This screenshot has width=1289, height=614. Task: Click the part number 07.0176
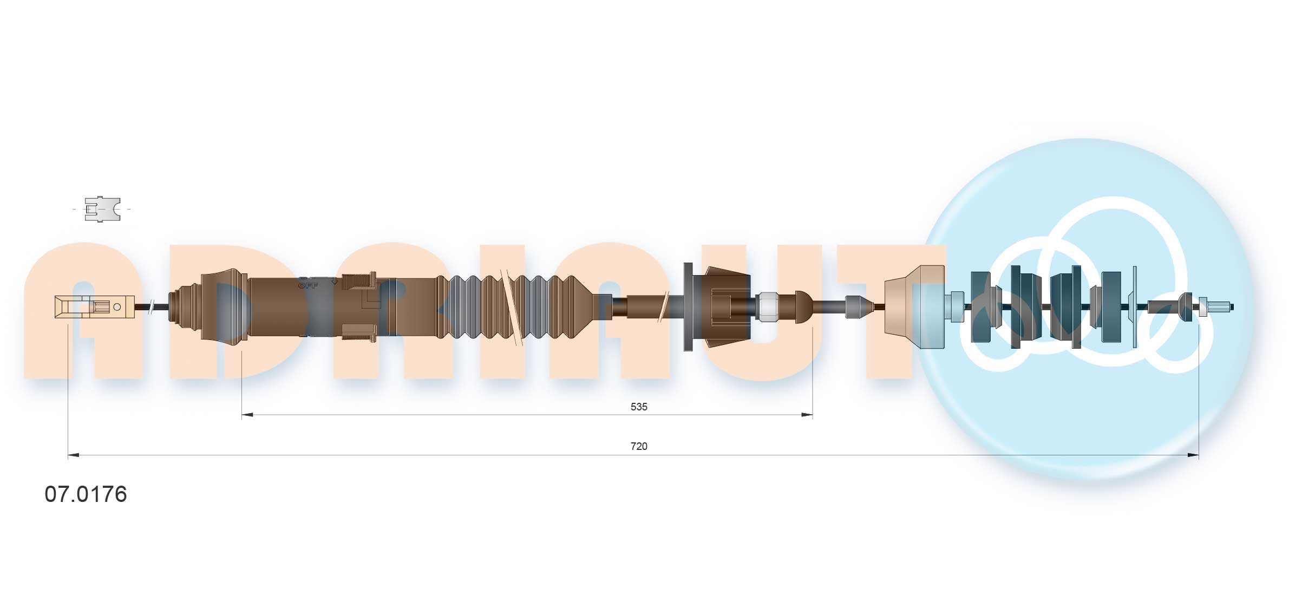pos(86,494)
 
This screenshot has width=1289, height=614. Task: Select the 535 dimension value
pos(638,407)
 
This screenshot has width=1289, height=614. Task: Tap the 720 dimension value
pos(638,446)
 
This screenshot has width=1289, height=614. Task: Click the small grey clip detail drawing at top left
pos(102,209)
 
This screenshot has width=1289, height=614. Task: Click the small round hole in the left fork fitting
pos(117,307)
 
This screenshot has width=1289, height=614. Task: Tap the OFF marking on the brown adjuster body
pos(308,285)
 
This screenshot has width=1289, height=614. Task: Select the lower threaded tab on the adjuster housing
pos(359,332)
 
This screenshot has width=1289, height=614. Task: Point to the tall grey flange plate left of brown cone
pos(688,307)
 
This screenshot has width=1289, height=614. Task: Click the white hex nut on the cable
pos(767,307)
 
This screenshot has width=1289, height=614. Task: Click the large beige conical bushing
pos(914,307)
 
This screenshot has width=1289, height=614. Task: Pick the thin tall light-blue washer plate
pos(1135,307)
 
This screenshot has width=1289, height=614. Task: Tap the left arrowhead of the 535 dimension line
pos(247,415)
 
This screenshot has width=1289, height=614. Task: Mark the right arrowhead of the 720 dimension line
pos(1193,455)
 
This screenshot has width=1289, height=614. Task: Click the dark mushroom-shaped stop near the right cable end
pos(1186,307)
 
